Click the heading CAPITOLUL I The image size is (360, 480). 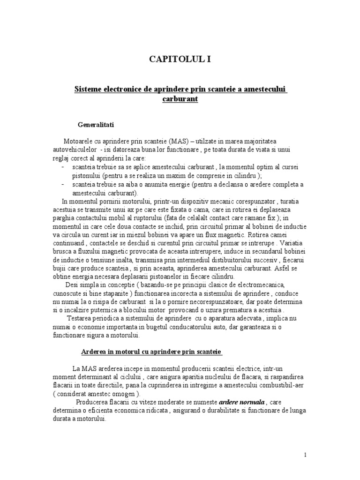pyautogui.click(x=180, y=59)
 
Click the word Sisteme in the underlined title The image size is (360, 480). pyautogui.click(x=88, y=89)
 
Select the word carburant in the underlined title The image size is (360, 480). pyautogui.click(x=180, y=99)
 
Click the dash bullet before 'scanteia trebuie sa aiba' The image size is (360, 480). pyautogui.click(x=63, y=184)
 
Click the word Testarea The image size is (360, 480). pyautogui.click(x=81, y=319)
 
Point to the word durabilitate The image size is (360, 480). pyautogui.click(x=230, y=411)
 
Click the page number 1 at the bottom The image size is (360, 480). pyautogui.click(x=305, y=455)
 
